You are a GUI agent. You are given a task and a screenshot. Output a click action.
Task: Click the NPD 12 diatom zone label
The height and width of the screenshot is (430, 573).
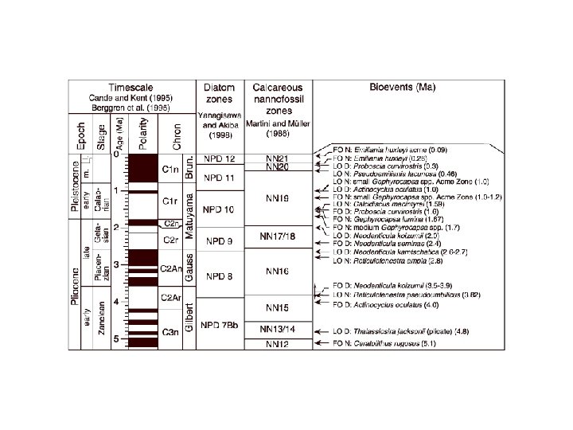[218, 160]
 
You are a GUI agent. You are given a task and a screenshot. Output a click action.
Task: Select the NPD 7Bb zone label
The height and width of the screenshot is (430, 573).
[218, 326]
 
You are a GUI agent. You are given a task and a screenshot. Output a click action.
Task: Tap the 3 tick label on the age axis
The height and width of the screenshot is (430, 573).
[118, 265]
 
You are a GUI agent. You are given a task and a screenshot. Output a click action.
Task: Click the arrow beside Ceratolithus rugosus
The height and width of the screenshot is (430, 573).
[324, 344]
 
